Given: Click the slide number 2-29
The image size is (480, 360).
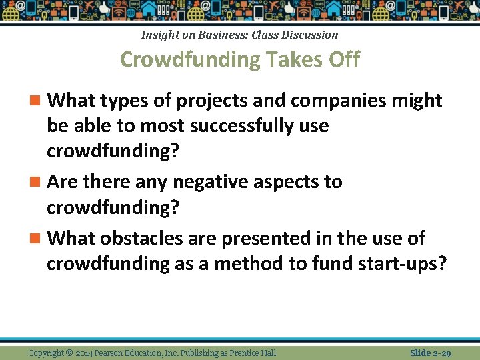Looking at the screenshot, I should click(x=441, y=353).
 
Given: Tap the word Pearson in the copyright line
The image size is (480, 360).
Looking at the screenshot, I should click(x=122, y=353).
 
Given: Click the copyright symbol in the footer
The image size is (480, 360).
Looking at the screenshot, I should click(x=70, y=353).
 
